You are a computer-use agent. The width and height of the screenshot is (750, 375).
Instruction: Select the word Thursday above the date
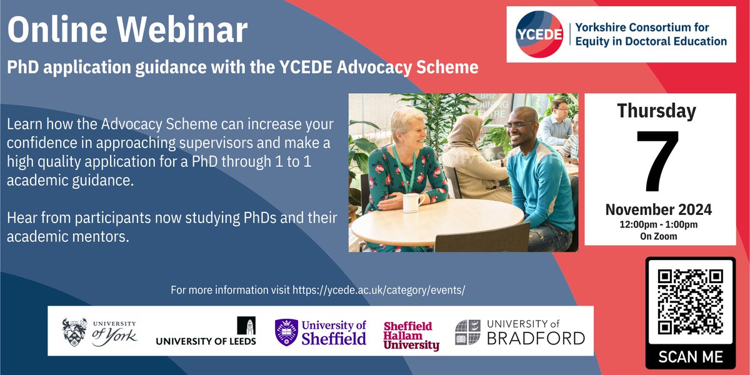[656, 111]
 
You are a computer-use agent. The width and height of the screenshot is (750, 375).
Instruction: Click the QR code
[691, 302]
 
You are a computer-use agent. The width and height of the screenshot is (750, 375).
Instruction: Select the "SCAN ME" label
[691, 357]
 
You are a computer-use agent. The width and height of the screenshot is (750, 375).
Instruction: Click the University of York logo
[99, 332]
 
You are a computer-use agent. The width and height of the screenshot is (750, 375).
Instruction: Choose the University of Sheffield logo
[321, 332]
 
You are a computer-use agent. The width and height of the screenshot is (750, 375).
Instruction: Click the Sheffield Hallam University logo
[411, 336]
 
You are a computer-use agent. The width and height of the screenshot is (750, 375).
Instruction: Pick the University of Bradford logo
[519, 332]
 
